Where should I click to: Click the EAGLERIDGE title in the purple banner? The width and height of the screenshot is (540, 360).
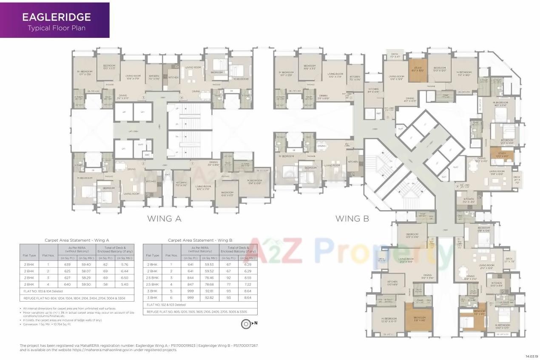click(x=56, y=17)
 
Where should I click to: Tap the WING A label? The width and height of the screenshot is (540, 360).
click(x=164, y=219)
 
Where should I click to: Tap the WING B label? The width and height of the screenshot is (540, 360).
click(x=352, y=219)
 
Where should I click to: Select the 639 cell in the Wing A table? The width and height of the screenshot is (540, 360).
click(x=67, y=264)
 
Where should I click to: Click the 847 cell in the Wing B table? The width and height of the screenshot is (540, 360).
click(x=190, y=284)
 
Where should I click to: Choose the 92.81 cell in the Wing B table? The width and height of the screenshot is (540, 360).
click(x=210, y=291)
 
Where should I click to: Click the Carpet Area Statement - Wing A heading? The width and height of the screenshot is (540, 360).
click(x=77, y=240)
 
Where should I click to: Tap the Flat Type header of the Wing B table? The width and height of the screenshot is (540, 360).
click(x=152, y=255)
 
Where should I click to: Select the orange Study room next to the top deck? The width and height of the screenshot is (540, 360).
click(x=417, y=68)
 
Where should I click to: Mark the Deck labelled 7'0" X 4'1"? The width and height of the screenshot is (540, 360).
click(x=395, y=54)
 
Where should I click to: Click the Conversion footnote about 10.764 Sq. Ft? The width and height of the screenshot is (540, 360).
click(x=47, y=324)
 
